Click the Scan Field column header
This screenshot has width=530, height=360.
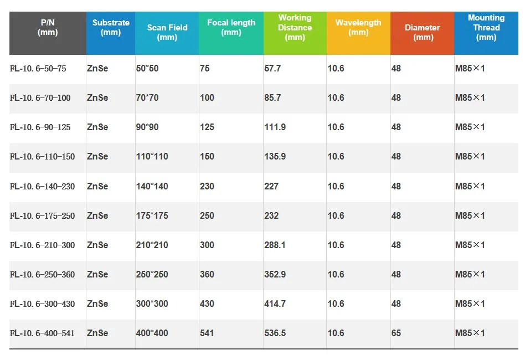tap(167, 33)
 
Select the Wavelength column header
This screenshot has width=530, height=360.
tap(358, 28)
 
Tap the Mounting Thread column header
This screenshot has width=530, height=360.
tap(486, 28)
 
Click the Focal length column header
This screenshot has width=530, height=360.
tap(231, 28)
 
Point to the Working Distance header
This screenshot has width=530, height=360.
tap(295, 28)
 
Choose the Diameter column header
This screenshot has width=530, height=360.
tap(423, 33)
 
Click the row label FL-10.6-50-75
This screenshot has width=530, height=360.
tap(38, 69)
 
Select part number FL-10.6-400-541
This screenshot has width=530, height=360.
tap(42, 333)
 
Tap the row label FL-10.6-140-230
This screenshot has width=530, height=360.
tap(42, 187)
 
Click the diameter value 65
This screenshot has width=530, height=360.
tap(396, 333)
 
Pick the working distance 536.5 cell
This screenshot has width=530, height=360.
tap(275, 333)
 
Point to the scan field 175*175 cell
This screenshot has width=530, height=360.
tap(152, 216)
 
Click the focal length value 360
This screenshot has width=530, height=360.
tap(207, 275)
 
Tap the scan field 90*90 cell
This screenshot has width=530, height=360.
tap(147, 127)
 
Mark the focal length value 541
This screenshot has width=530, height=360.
tap(207, 333)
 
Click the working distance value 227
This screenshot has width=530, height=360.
tap(271, 187)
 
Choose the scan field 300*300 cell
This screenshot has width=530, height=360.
tap(152, 304)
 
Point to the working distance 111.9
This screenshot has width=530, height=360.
tap(275, 127)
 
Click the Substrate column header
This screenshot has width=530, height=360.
tap(111, 28)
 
